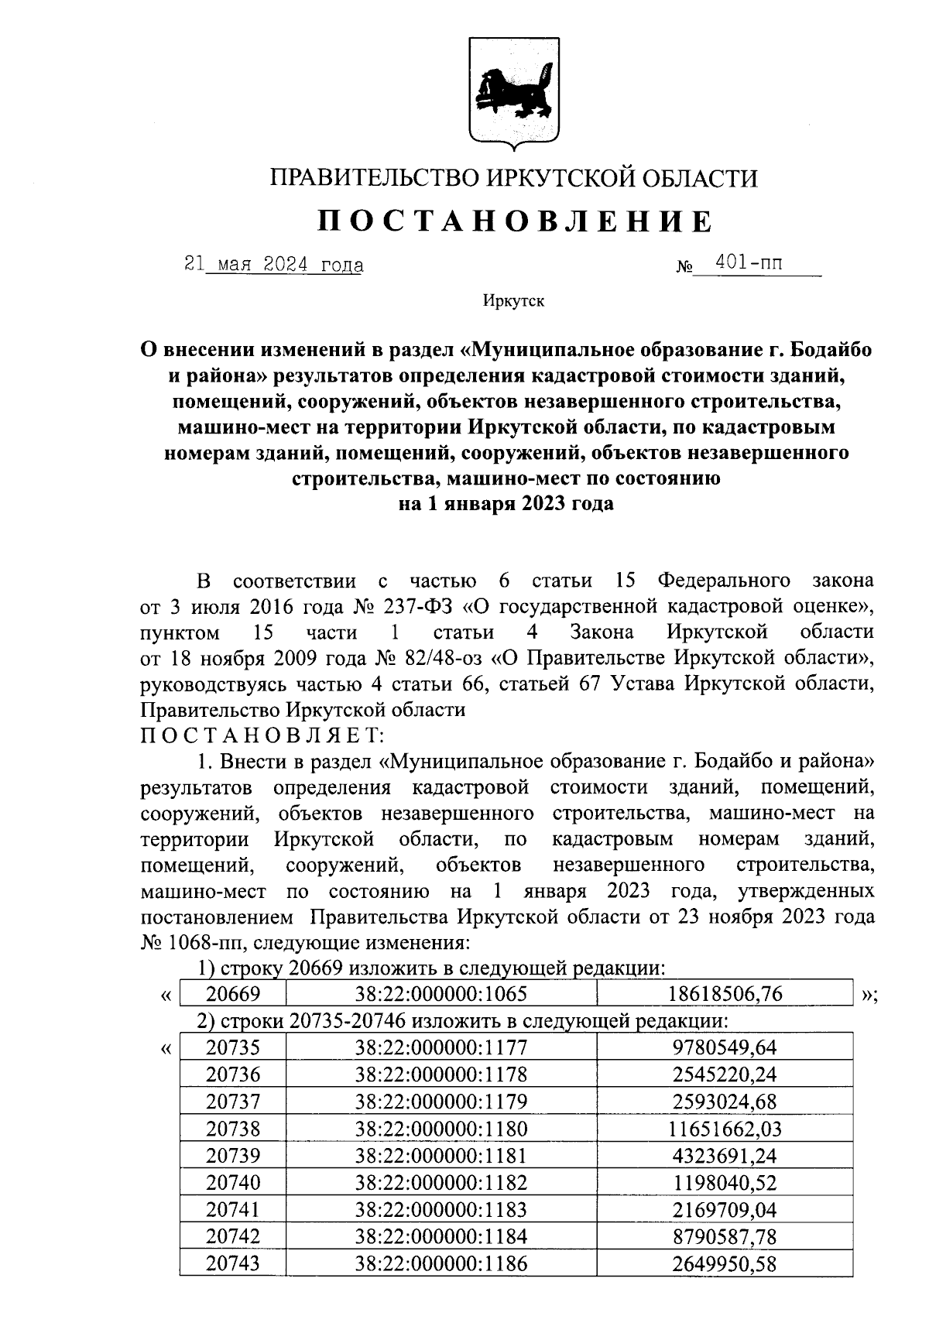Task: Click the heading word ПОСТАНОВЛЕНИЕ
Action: click(514, 222)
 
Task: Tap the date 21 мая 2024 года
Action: click(274, 265)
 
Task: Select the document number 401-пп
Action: click(749, 263)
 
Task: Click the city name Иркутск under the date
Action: click(513, 301)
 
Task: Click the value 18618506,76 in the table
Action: click(725, 994)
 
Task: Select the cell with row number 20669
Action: click(233, 994)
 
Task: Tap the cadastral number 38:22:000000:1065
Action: click(441, 994)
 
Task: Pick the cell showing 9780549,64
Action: click(725, 1048)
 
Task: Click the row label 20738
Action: click(233, 1129)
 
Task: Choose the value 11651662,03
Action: click(725, 1129)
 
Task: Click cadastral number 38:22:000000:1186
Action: click(441, 1264)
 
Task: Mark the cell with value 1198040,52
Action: click(725, 1183)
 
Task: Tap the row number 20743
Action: click(233, 1264)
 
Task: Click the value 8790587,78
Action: click(725, 1237)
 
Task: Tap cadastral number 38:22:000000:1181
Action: click(441, 1156)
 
